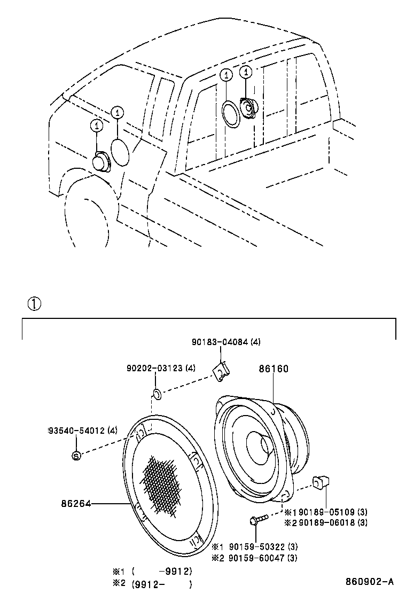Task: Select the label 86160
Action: tap(274, 369)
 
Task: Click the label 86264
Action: tap(76, 503)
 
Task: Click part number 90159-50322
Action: tap(257, 547)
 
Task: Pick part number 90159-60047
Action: tap(257, 558)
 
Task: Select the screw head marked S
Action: tap(76, 455)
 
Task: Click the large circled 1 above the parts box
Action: tap(33, 304)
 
